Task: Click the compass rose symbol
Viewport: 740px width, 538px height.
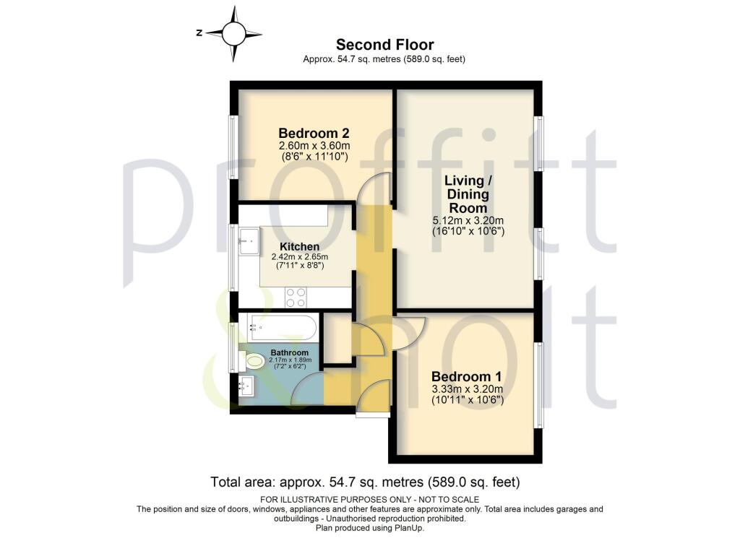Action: [234, 32]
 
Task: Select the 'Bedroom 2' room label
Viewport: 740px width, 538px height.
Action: [314, 134]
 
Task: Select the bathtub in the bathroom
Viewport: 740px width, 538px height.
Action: [281, 329]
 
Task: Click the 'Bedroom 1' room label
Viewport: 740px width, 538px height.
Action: [466, 377]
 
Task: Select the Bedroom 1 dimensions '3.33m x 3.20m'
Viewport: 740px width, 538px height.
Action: [466, 389]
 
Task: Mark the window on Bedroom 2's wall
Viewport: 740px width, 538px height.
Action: [233, 142]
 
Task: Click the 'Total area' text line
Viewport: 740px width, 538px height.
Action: [365, 482]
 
